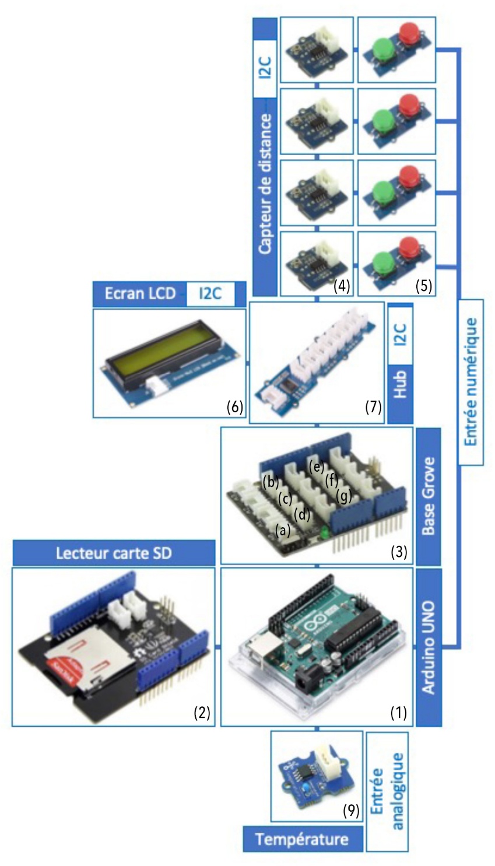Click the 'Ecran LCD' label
pyautogui.click(x=139, y=293)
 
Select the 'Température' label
pyautogui.click(x=302, y=839)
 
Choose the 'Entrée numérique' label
pyautogui.click(x=471, y=382)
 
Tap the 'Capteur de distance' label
pyautogui.click(x=265, y=184)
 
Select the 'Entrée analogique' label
pyautogui.click(x=386, y=790)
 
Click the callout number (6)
pyautogui.click(x=234, y=407)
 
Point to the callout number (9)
pyautogui.click(x=350, y=811)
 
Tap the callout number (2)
pyautogui.click(x=201, y=713)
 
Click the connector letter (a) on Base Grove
pyautogui.click(x=282, y=530)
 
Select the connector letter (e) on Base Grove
pyautogui.click(x=316, y=465)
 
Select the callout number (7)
pyautogui.click(x=373, y=407)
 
